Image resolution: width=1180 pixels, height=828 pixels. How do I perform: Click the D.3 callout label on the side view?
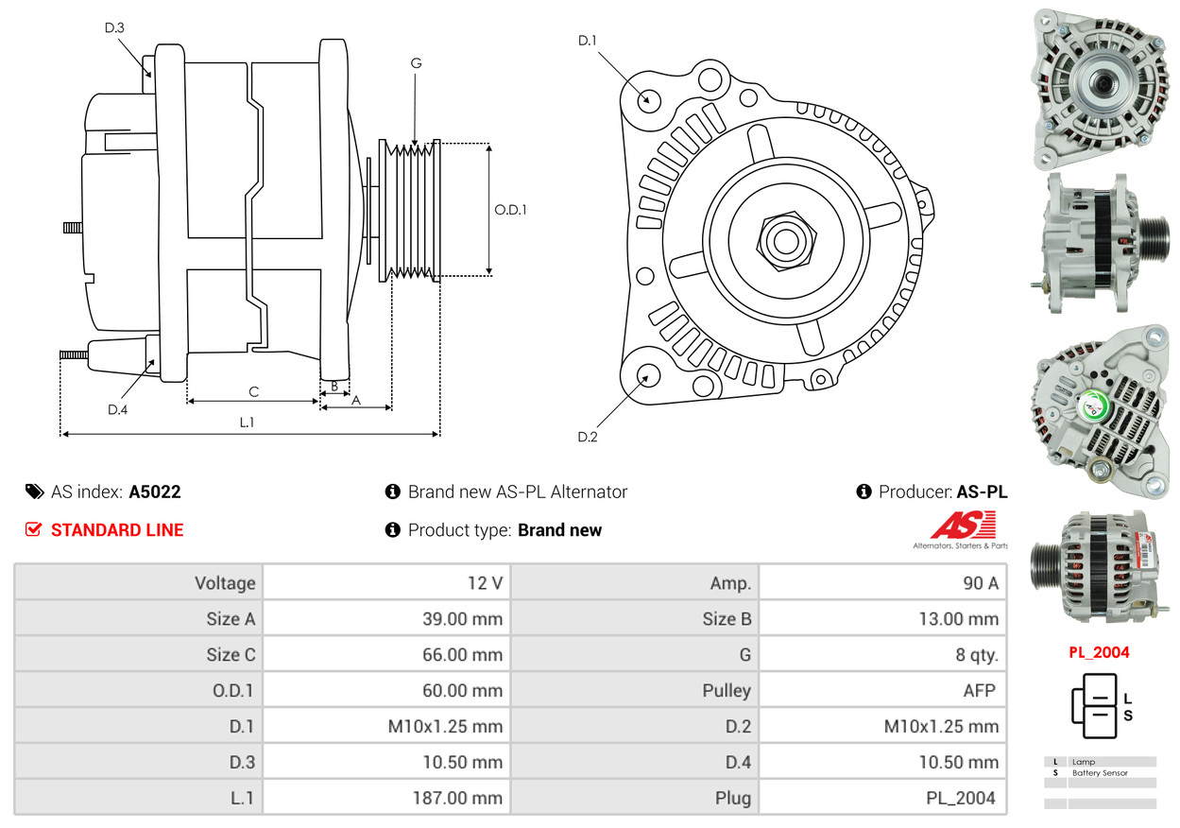pyautogui.click(x=114, y=27)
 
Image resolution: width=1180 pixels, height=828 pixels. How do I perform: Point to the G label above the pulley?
pyautogui.click(x=416, y=63)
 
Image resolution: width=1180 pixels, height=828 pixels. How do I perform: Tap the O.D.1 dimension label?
pyautogui.click(x=510, y=209)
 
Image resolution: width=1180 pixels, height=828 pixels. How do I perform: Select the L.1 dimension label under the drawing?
pyautogui.click(x=247, y=423)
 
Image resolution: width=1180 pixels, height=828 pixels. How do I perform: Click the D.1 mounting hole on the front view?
pyautogui.click(x=648, y=99)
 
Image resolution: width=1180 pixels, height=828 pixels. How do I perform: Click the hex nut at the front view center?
pyautogui.click(x=784, y=240)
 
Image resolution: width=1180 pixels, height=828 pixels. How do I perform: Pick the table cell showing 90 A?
pyautogui.click(x=883, y=583)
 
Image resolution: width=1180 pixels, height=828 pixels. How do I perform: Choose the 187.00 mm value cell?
pyautogui.click(x=386, y=798)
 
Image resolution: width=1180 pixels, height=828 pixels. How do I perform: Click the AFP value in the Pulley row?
pyautogui.click(x=883, y=690)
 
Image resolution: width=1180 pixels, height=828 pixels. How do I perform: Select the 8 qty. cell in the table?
pyautogui.click(x=883, y=654)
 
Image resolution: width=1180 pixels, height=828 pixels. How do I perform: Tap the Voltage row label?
pyautogui.click(x=138, y=583)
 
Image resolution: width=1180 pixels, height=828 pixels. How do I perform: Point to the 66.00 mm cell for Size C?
pyautogui.click(x=386, y=654)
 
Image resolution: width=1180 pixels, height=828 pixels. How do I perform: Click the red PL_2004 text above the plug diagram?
pyautogui.click(x=1099, y=652)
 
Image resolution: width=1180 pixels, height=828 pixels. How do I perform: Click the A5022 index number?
pyautogui.click(x=155, y=492)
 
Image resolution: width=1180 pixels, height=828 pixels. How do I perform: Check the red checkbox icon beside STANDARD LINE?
pyautogui.click(x=33, y=529)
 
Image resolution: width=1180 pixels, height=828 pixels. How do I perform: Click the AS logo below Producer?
pyautogui.click(x=963, y=527)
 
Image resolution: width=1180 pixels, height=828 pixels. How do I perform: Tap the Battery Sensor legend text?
pyautogui.click(x=1100, y=773)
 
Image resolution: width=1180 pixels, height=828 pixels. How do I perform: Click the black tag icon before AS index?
pyautogui.click(x=34, y=492)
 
